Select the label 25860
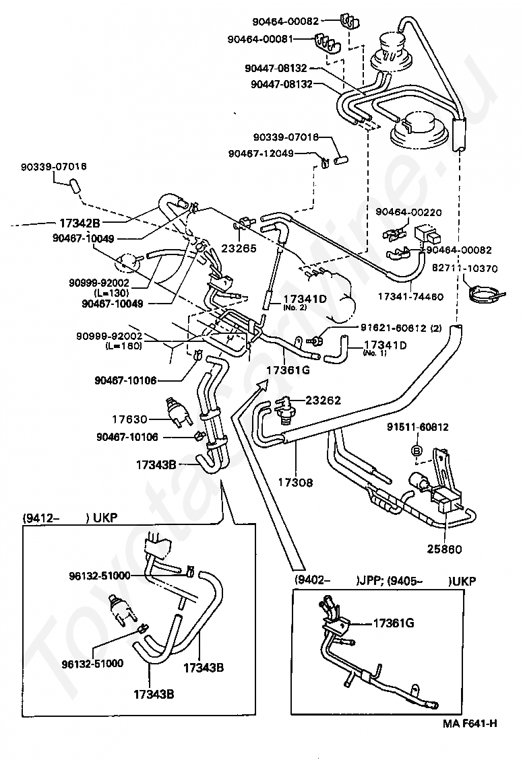pyautogui.click(x=445, y=549)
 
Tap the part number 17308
pyautogui.click(x=295, y=483)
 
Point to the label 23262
pyautogui.click(x=324, y=401)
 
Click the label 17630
pyautogui.click(x=129, y=419)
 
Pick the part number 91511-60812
pyautogui.click(x=418, y=427)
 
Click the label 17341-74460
pyautogui.click(x=410, y=296)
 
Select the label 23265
pyautogui.click(x=239, y=248)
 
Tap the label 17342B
pyautogui.click(x=80, y=223)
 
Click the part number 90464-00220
pyautogui.click(x=408, y=212)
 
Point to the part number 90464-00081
pyautogui.click(x=260, y=39)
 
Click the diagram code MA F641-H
pyautogui.click(x=470, y=737)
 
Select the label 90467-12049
pyautogui.click(x=261, y=153)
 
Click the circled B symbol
pyautogui.click(x=417, y=450)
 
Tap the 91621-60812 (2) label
pyautogui.click(x=401, y=328)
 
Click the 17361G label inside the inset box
pyautogui.click(x=394, y=623)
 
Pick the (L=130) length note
pyautogui.click(x=111, y=293)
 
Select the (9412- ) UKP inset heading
pyautogui.click(x=70, y=518)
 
